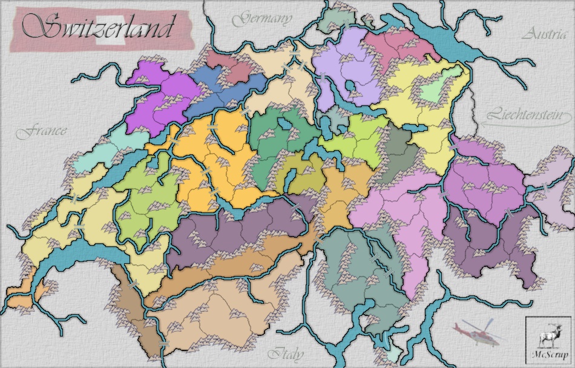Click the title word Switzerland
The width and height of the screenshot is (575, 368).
point(97,27)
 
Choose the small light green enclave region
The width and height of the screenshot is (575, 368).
point(435,91)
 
